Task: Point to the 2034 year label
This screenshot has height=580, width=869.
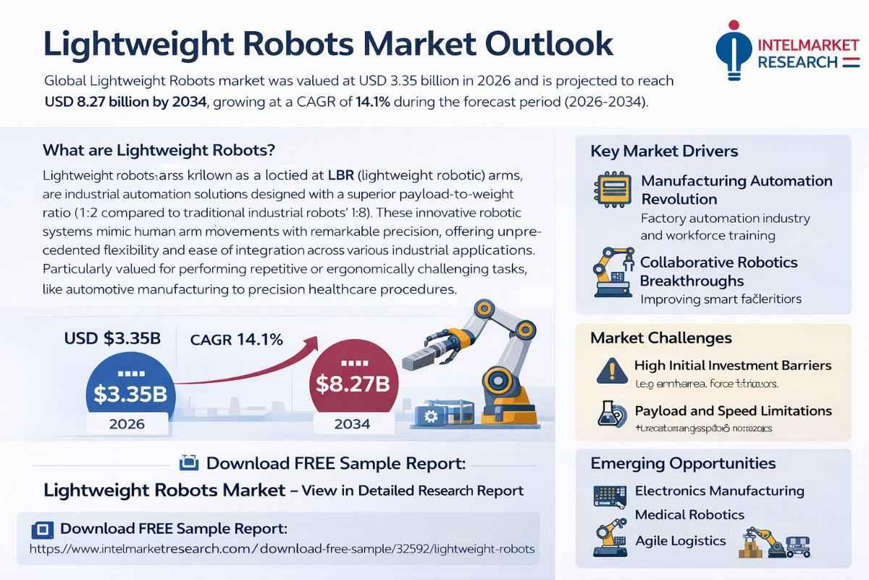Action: click(353, 423)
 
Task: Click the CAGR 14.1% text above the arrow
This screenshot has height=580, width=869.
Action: click(236, 339)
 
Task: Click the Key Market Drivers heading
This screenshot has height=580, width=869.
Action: click(664, 152)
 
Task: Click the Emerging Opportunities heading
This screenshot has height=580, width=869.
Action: click(683, 463)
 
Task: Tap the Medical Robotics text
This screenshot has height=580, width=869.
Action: click(689, 515)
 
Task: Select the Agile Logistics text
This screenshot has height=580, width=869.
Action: click(680, 541)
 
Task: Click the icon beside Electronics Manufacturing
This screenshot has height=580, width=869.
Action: click(609, 495)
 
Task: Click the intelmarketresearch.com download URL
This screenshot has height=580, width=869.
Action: click(282, 549)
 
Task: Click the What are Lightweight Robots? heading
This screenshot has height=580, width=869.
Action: click(159, 151)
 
